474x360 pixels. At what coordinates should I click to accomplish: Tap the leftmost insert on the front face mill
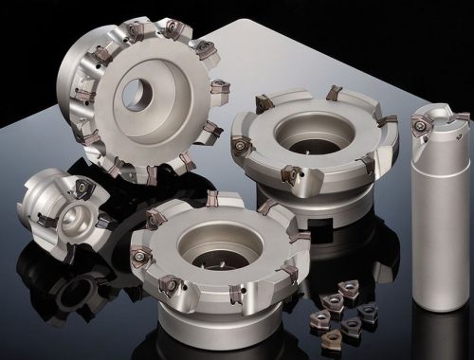tap(141, 254)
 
